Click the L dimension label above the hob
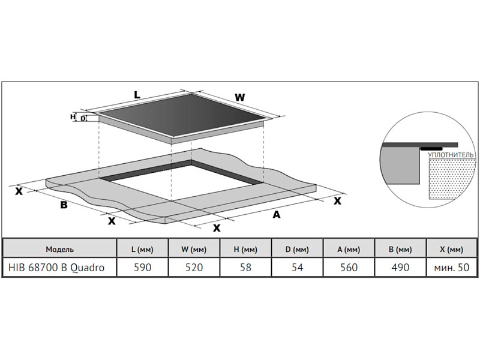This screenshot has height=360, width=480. (x=137, y=95)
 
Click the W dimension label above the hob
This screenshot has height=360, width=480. (x=239, y=97)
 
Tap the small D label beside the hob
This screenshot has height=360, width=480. (x=83, y=119)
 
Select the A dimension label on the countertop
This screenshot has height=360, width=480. (x=277, y=215)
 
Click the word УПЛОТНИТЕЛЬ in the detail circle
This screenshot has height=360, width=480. (x=451, y=155)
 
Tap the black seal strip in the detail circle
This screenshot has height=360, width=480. (x=431, y=148)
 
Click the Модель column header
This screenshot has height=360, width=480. (x=59, y=249)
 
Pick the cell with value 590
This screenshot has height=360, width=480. (x=142, y=268)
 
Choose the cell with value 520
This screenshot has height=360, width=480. (x=193, y=268)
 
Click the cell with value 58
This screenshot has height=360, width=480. (x=245, y=268)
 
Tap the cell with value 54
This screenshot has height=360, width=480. (x=297, y=268)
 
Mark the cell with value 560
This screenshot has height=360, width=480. (x=349, y=268)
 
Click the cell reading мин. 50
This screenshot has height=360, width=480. (x=451, y=268)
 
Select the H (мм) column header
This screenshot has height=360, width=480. (x=245, y=249)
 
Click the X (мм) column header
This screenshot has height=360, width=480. (x=451, y=249)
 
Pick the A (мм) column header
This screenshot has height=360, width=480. (x=349, y=249)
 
